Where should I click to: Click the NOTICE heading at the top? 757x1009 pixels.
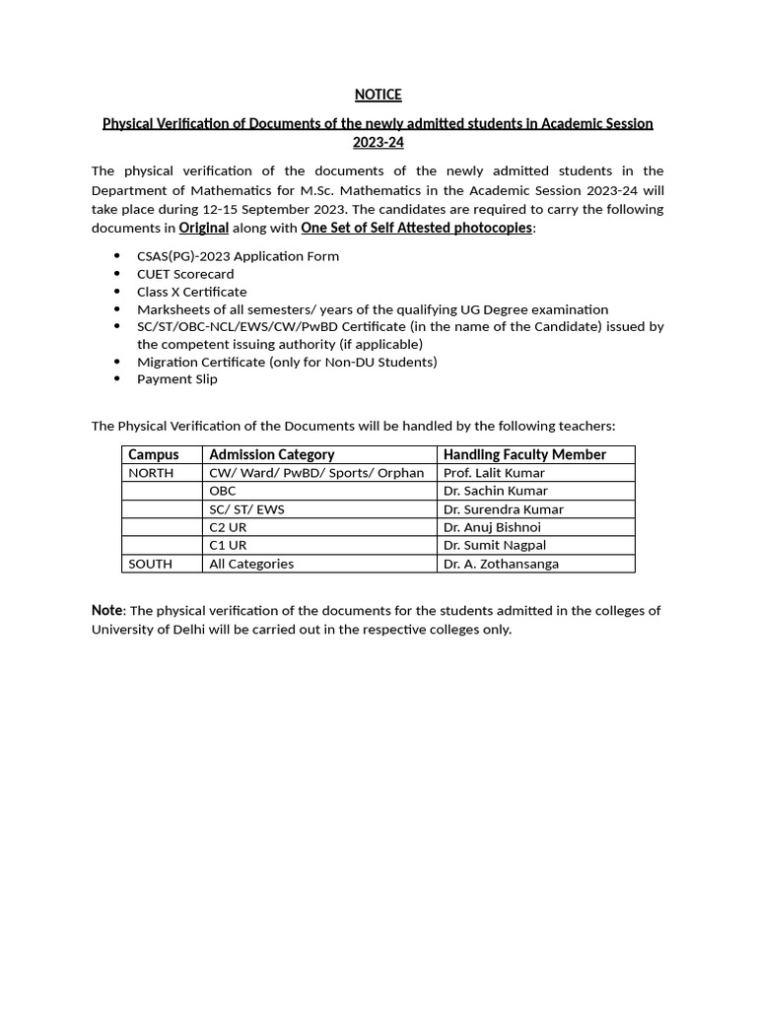point(378,95)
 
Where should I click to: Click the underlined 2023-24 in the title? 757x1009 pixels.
point(378,142)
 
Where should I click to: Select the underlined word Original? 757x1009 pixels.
point(203,228)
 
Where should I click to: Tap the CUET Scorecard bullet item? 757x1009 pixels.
point(185,274)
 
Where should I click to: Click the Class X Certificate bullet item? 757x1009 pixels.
point(191,292)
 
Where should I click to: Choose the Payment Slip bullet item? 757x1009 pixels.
point(177,378)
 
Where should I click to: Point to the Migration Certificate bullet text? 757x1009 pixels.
point(286,362)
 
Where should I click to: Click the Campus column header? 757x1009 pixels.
point(154,454)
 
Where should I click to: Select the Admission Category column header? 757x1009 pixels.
point(271,454)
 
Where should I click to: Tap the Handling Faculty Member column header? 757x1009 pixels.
point(524,454)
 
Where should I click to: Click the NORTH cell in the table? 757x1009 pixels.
point(151,473)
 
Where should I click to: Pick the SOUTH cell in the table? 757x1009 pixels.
point(150,564)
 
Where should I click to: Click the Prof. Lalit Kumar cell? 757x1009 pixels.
point(494,473)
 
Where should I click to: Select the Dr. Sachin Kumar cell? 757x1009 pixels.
point(495,491)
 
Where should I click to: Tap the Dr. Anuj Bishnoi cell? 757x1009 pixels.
point(492,527)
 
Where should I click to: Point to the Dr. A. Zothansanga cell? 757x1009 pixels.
point(501,564)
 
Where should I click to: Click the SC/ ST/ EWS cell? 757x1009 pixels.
point(248,509)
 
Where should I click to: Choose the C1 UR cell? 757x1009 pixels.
point(228,545)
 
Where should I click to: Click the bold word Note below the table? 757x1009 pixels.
point(106,610)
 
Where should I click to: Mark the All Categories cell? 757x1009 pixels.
point(251,564)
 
